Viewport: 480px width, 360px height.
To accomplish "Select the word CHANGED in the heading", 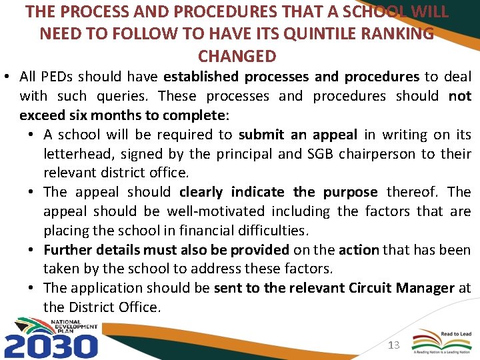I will coord(237,55).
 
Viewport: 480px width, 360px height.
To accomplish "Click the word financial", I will coord(216,231).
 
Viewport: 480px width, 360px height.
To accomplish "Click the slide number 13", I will coord(393,345).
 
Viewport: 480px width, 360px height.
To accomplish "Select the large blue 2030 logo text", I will coord(51,345).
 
